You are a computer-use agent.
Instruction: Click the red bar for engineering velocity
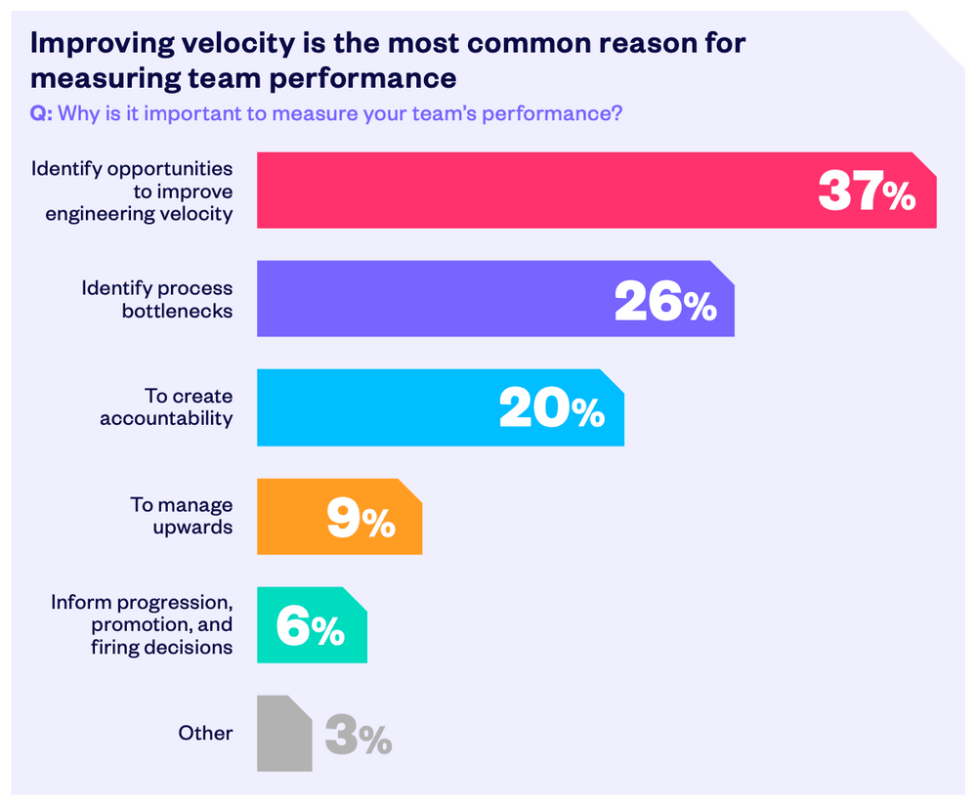click(x=528, y=191)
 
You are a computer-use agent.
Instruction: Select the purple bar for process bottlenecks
click(x=430, y=299)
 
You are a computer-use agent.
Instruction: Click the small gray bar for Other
click(x=283, y=734)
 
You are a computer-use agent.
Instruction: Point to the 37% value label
click(x=867, y=191)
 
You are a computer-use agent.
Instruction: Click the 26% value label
click(x=664, y=300)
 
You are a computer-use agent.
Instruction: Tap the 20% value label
click(x=552, y=408)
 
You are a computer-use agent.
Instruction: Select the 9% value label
click(x=361, y=518)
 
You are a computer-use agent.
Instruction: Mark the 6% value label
click(x=310, y=626)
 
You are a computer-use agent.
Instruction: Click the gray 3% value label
click(x=358, y=735)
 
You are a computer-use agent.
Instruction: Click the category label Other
click(x=205, y=733)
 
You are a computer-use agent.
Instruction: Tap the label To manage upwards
click(x=182, y=516)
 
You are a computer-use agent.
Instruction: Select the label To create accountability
click(x=166, y=407)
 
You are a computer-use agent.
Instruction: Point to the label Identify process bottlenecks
click(x=157, y=299)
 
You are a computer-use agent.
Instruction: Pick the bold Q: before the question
click(x=41, y=113)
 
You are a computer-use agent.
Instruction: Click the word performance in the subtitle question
click(x=554, y=113)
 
